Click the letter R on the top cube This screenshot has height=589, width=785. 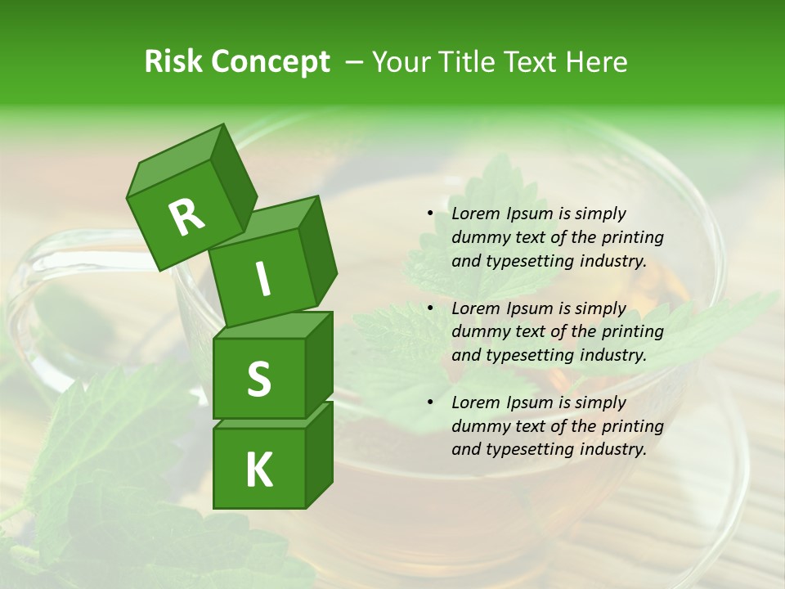coord(186,217)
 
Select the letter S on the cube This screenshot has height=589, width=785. coord(258,379)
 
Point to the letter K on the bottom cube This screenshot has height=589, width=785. coord(258,470)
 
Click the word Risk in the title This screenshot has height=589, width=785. coord(174,61)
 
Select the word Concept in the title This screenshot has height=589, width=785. coord(271,61)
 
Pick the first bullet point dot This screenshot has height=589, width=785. coord(430,214)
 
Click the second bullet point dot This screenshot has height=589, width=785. coord(430,308)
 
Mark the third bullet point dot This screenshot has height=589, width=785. coord(430,402)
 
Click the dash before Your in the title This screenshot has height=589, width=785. coord(354,61)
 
